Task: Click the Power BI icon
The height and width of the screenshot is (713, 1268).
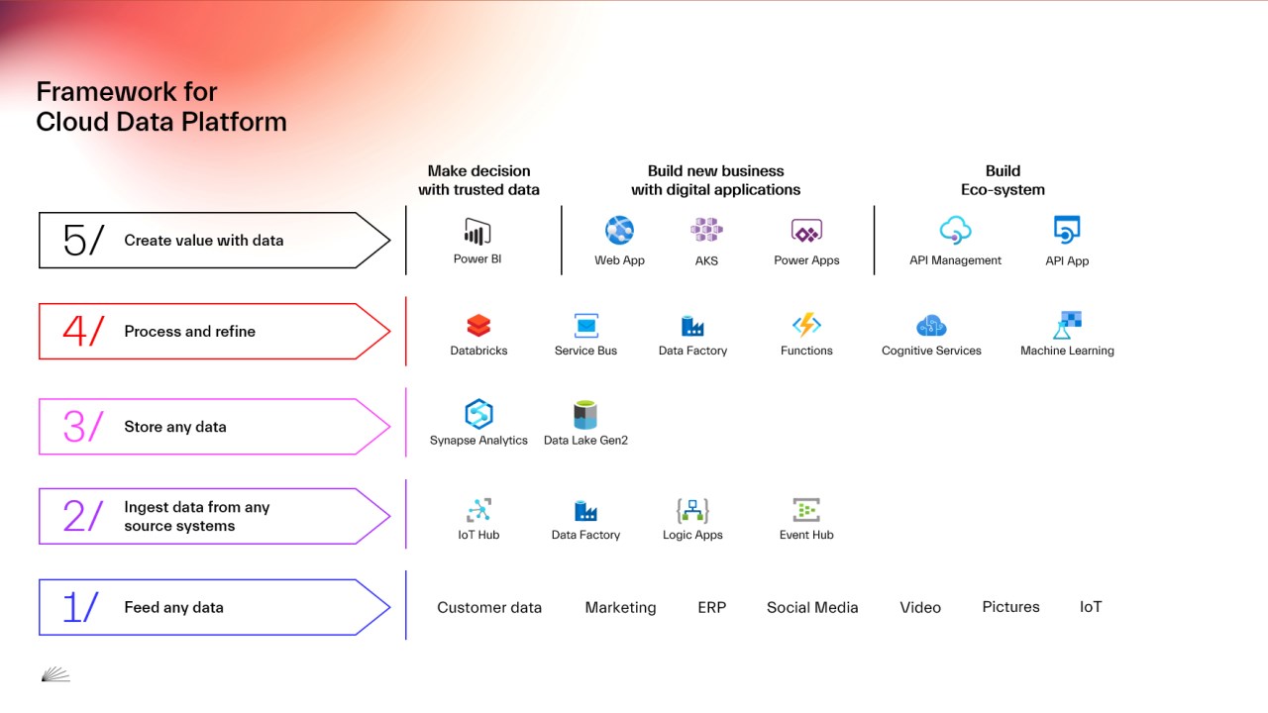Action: click(477, 233)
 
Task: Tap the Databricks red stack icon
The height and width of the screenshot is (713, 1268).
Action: click(478, 325)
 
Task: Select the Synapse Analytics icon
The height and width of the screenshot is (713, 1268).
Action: click(478, 414)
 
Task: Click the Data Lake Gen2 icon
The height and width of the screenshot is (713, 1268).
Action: click(585, 414)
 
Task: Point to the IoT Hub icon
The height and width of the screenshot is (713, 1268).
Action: click(478, 510)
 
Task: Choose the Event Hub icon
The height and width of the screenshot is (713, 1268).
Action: click(806, 510)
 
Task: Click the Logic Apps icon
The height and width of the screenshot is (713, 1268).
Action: click(692, 510)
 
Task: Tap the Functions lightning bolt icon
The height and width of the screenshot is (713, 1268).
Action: click(806, 325)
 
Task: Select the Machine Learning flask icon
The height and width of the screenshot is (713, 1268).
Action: click(1067, 325)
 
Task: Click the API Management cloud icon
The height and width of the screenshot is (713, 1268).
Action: click(955, 231)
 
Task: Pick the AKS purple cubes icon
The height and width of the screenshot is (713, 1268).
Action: click(706, 231)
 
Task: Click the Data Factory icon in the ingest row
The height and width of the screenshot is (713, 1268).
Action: click(585, 510)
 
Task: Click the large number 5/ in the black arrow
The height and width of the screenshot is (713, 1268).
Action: click(82, 241)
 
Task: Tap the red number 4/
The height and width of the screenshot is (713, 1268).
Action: click(82, 332)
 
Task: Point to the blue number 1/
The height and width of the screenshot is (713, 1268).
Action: click(80, 607)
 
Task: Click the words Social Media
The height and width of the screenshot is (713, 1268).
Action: click(812, 608)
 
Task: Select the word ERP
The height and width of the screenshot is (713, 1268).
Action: click(711, 608)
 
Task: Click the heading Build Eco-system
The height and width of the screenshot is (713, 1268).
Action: click(1003, 180)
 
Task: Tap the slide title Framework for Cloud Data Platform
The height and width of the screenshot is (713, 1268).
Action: click(160, 107)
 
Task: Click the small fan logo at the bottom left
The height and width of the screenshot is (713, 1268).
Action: click(55, 674)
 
